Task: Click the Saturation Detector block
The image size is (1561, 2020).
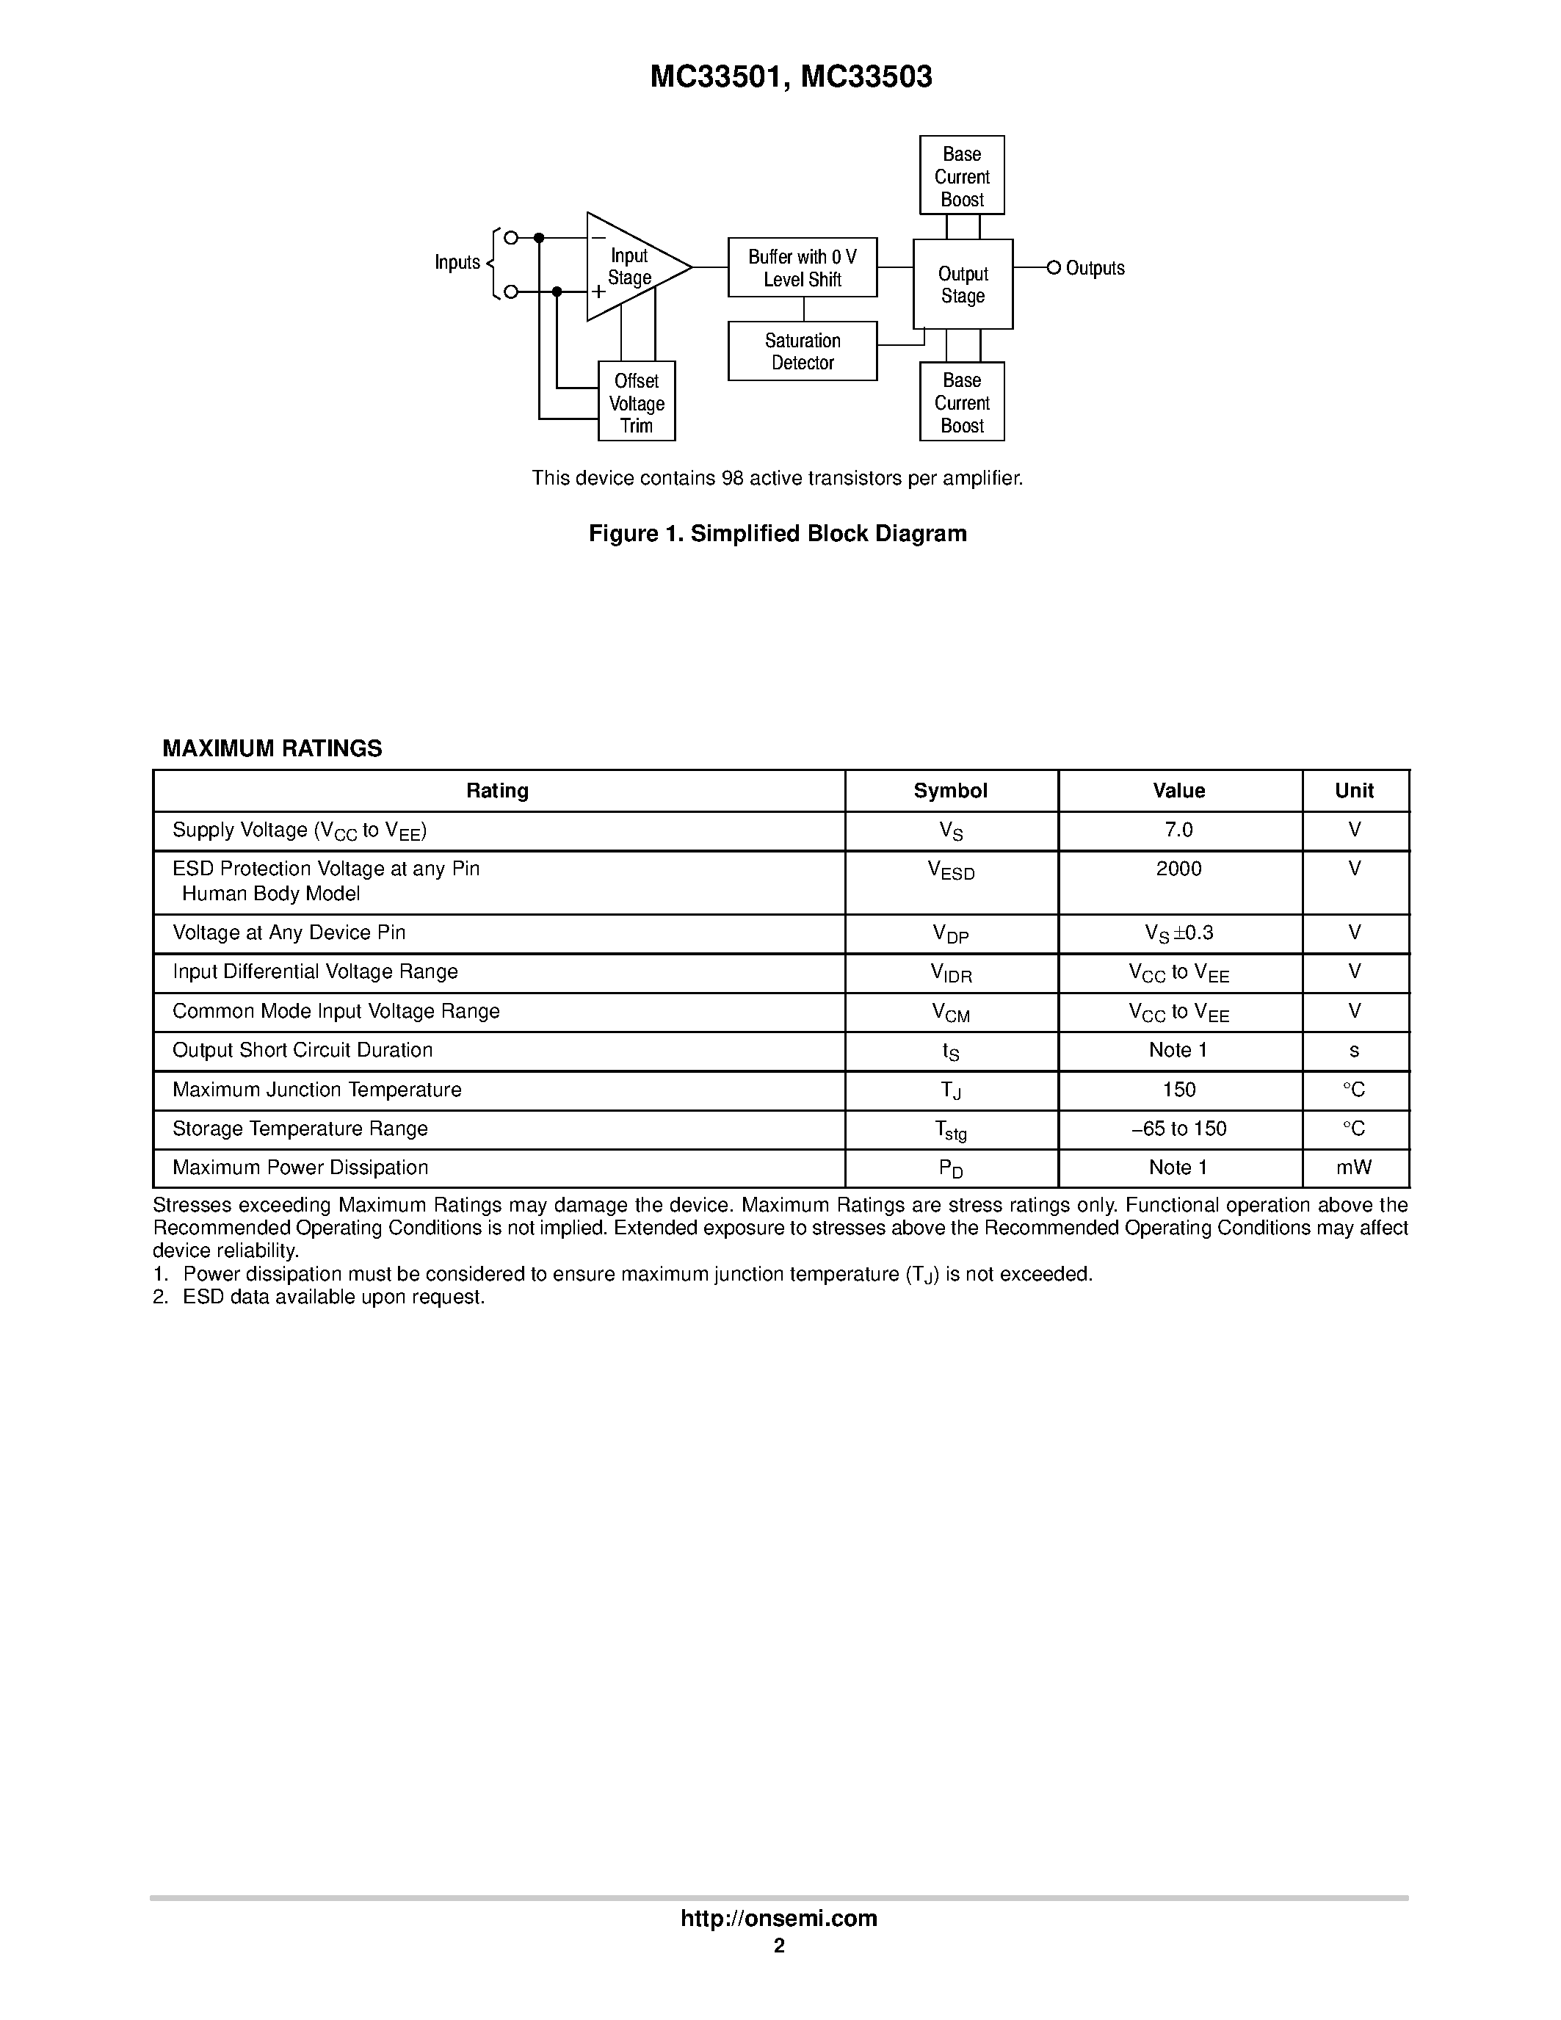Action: click(x=802, y=352)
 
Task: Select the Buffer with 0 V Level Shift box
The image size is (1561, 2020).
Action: click(x=802, y=267)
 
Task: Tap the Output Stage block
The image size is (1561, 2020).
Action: click(x=963, y=285)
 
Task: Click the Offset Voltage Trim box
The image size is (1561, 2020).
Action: click(x=637, y=402)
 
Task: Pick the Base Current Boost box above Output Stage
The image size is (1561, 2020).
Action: click(x=962, y=175)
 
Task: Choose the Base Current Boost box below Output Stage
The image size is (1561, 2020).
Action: click(x=962, y=402)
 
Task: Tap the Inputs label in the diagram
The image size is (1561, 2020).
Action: click(x=457, y=263)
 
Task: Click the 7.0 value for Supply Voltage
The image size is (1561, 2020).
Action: click(x=1179, y=830)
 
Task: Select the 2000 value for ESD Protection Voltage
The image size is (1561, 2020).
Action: click(x=1179, y=869)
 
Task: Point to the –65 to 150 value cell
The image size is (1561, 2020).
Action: click(x=1179, y=1129)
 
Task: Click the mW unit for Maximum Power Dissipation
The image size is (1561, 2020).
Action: click(x=1354, y=1168)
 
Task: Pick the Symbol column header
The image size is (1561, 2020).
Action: click(x=951, y=791)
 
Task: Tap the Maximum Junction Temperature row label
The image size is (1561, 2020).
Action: click(x=317, y=1090)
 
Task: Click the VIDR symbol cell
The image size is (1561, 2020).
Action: click(x=951, y=973)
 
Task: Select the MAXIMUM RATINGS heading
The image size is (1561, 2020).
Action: click(x=272, y=749)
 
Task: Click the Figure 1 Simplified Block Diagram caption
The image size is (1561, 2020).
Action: click(x=778, y=534)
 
